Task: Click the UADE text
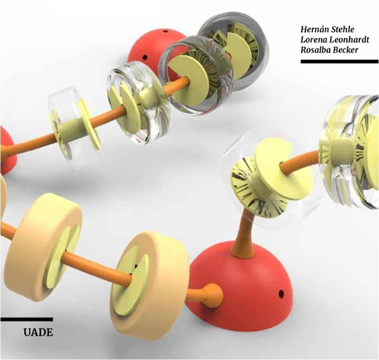tap(38, 332)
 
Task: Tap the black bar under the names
tap(339, 61)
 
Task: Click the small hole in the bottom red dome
tap(281, 293)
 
